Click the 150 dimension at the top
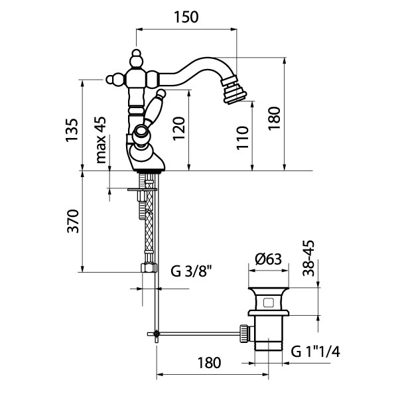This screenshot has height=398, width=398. point(186,18)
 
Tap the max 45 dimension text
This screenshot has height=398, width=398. point(101,140)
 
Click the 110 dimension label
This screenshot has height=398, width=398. point(243,138)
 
